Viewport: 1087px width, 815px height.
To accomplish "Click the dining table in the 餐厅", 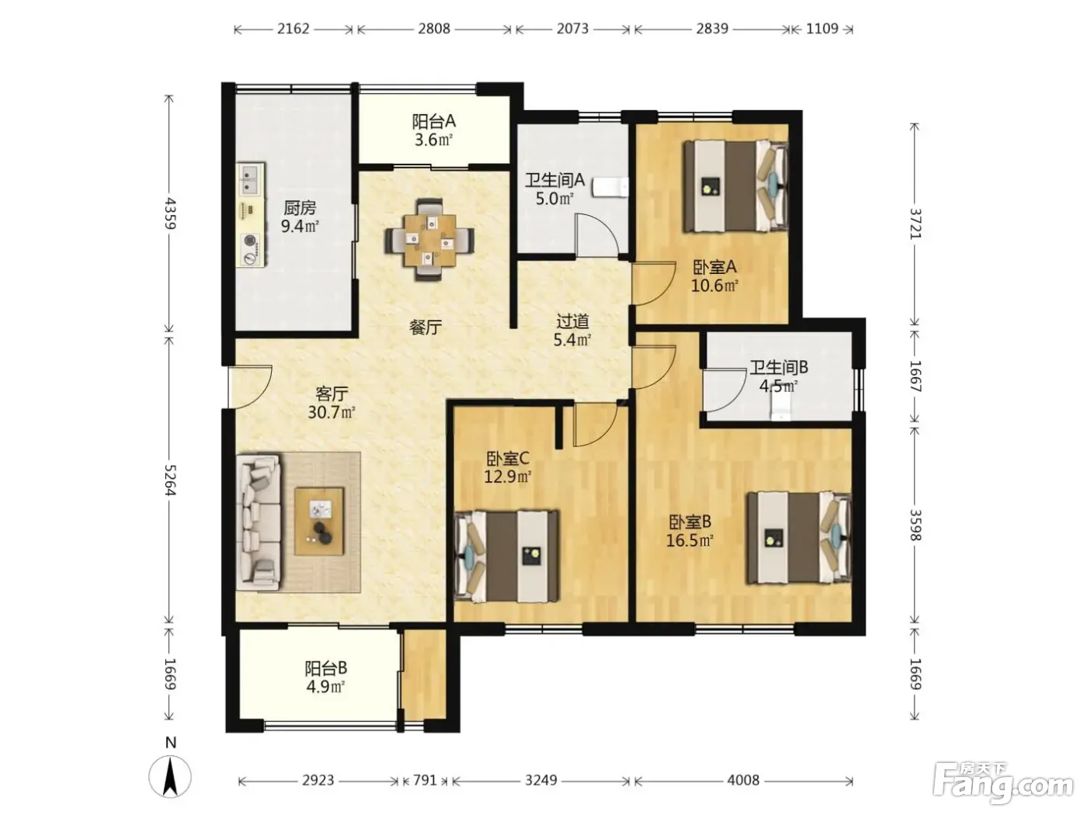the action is pyautogui.click(x=429, y=240).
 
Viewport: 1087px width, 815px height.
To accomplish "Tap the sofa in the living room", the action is pyautogui.click(x=258, y=522).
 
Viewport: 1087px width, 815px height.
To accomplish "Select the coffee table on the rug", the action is pyautogui.click(x=319, y=522).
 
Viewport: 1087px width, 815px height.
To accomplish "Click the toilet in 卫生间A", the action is pyautogui.click(x=610, y=188).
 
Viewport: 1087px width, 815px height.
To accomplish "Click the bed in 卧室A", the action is pyautogui.click(x=735, y=186).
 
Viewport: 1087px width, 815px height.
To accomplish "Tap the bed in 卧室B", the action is pyautogui.click(x=799, y=538).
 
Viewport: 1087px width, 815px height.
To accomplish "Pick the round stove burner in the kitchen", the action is pyautogui.click(x=250, y=241).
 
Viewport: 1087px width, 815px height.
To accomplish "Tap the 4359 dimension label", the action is pyautogui.click(x=170, y=213).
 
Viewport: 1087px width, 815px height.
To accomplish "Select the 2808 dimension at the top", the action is pyautogui.click(x=434, y=29).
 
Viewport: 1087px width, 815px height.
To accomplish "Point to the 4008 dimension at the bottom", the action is pyautogui.click(x=743, y=780).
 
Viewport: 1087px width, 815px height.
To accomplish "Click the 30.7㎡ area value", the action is pyautogui.click(x=332, y=411).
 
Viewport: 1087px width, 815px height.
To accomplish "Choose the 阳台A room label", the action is pyautogui.click(x=434, y=121).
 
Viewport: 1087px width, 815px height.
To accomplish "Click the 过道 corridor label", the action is pyautogui.click(x=572, y=321).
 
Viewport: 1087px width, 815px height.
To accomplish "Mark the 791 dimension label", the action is pyautogui.click(x=425, y=780).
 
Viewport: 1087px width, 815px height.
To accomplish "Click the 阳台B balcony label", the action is pyautogui.click(x=325, y=668).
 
